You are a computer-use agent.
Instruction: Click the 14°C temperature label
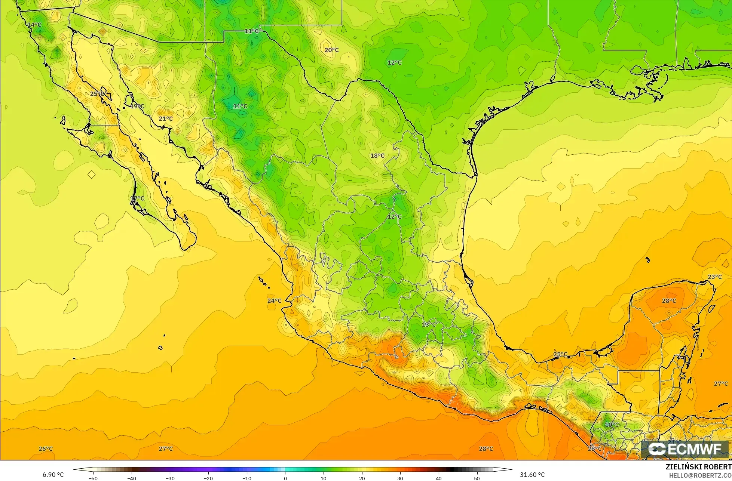pos(34,25)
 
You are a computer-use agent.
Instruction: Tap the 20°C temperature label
pos(331,50)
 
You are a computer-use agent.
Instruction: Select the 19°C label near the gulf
pos(137,106)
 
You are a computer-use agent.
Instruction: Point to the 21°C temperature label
pos(166,119)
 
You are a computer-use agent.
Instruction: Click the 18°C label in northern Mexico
pos(377,156)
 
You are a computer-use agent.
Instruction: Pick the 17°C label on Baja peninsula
pos(137,198)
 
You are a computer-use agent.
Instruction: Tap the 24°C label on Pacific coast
pos(274,301)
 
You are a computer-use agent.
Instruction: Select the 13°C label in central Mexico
pos(429,324)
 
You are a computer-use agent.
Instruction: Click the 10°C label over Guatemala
pos(612,425)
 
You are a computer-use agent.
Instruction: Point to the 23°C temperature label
pos(715,277)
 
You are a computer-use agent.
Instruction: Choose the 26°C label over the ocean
pos(46,449)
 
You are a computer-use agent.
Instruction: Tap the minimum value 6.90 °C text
pos(53,475)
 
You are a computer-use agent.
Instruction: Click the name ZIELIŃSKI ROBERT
pos(698,467)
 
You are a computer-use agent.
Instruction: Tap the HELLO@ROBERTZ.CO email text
pos(700,475)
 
